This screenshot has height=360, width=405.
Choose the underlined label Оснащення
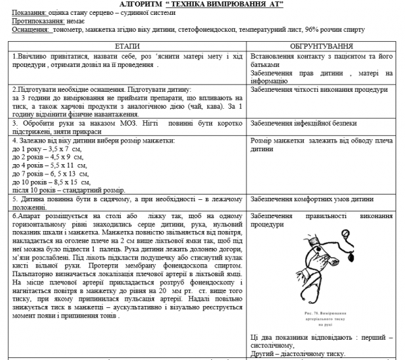[26, 30]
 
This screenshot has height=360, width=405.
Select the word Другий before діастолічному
[263, 353]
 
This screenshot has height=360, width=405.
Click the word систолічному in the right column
[277, 345]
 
